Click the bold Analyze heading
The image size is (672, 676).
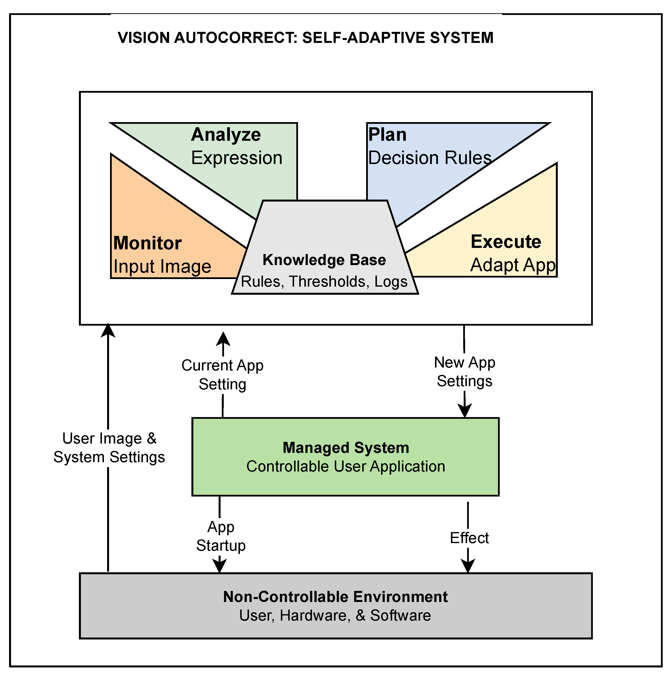click(226, 135)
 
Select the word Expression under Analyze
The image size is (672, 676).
click(236, 158)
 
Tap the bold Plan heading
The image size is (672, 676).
click(387, 135)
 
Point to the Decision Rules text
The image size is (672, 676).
click(430, 158)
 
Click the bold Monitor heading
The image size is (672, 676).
click(147, 243)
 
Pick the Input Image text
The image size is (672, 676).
click(162, 267)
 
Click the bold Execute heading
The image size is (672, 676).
click(506, 242)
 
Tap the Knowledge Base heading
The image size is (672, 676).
click(324, 260)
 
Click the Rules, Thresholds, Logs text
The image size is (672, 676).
click(324, 282)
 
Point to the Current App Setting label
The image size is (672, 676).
click(223, 375)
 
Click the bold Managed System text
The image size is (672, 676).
click(346, 448)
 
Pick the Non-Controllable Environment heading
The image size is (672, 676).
click(335, 597)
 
